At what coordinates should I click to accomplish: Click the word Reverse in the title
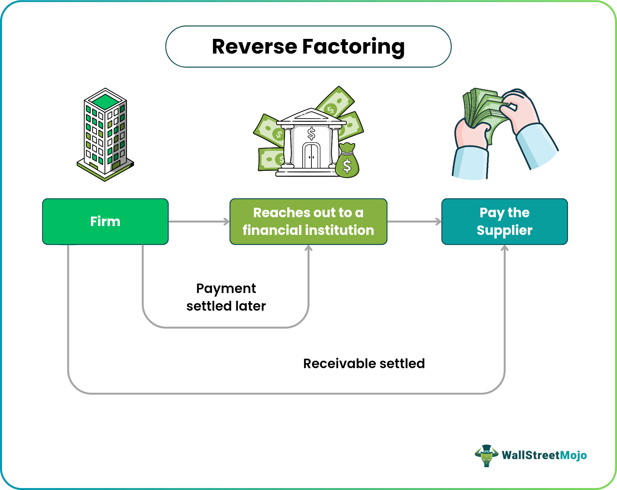255,47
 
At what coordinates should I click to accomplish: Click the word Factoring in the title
353,47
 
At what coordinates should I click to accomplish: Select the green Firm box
105,221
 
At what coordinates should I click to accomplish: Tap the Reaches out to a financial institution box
308,221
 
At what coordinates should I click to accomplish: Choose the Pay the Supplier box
504,221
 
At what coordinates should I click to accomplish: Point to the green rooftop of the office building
105,101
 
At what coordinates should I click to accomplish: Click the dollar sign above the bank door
311,133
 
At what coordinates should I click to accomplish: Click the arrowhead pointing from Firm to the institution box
227,221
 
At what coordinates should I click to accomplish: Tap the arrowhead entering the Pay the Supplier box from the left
438,221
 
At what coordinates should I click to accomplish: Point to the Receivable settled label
364,364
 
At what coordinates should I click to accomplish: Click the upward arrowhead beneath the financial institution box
308,248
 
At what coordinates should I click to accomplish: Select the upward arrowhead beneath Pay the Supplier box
505,248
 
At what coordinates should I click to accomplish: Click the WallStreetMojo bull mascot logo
486,455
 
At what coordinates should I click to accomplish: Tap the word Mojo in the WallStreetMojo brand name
573,455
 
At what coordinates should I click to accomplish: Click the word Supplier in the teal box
504,230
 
